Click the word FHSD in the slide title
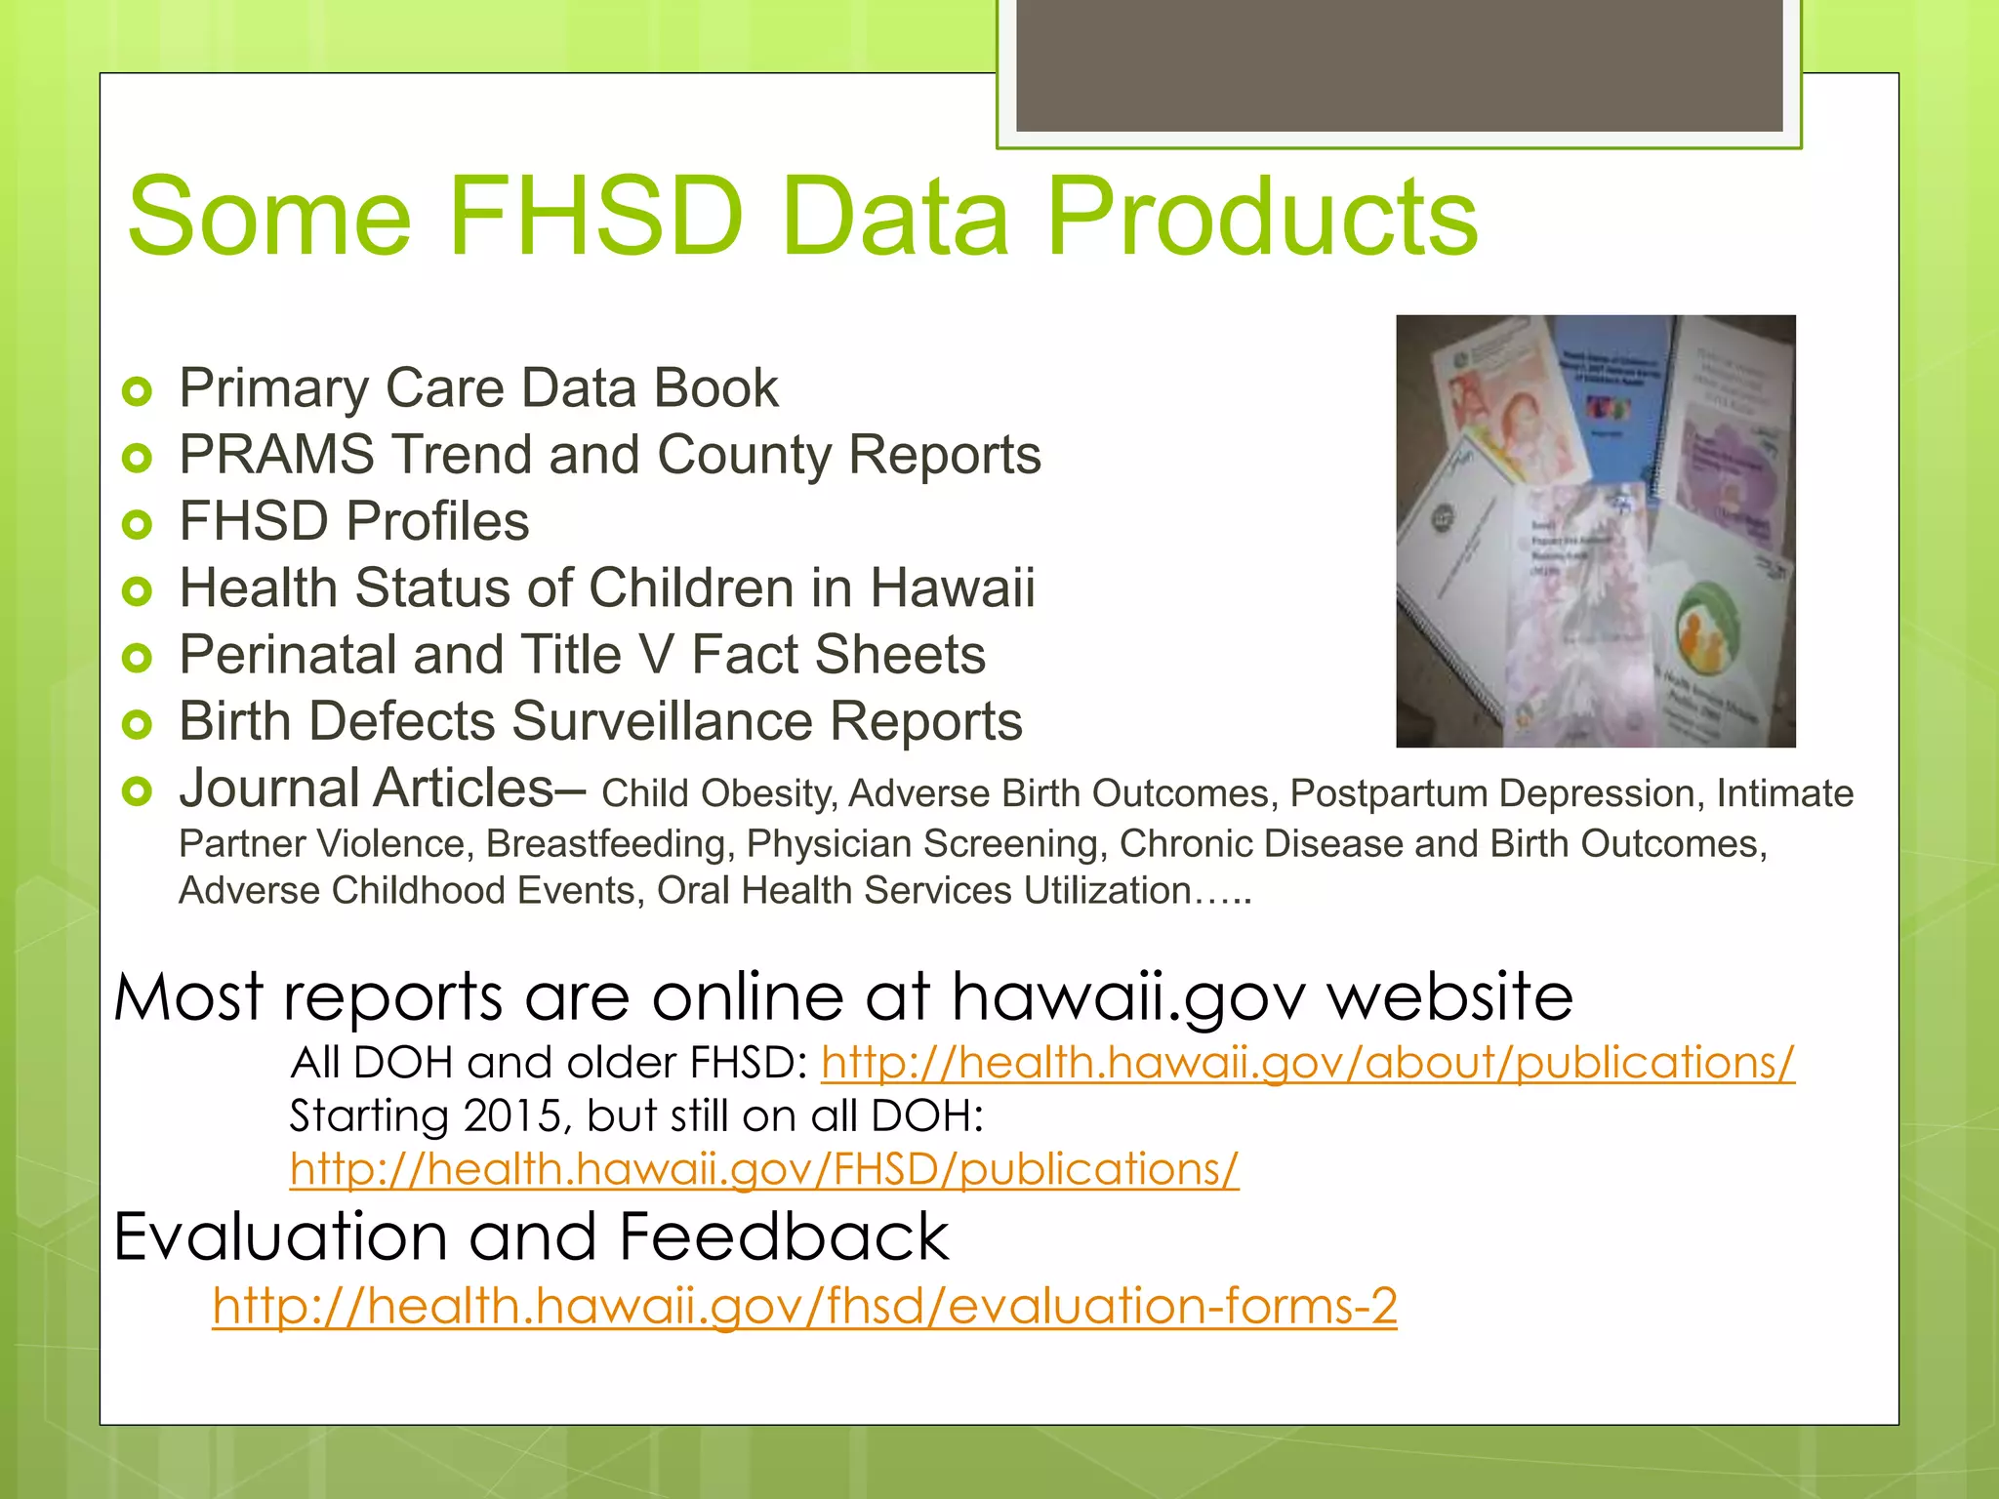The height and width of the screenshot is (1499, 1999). [x=595, y=217]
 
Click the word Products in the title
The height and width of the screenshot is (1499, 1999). [x=1261, y=217]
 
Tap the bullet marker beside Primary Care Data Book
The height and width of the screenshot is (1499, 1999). [x=138, y=392]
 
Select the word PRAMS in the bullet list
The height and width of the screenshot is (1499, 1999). [x=276, y=455]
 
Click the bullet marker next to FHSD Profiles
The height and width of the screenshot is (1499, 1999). [x=138, y=525]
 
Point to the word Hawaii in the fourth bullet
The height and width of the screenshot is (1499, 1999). [x=952, y=588]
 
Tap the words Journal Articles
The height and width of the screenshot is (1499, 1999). [x=367, y=788]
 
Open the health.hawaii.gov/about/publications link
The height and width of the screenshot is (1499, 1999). [x=1307, y=1063]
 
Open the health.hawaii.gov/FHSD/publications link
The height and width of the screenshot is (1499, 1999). [x=764, y=1169]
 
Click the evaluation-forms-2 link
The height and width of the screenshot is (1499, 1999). [x=804, y=1306]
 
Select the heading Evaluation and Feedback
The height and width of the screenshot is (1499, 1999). [x=531, y=1237]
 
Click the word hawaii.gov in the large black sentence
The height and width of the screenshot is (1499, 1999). [x=1127, y=997]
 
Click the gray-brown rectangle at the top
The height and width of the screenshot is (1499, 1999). [x=1399, y=63]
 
